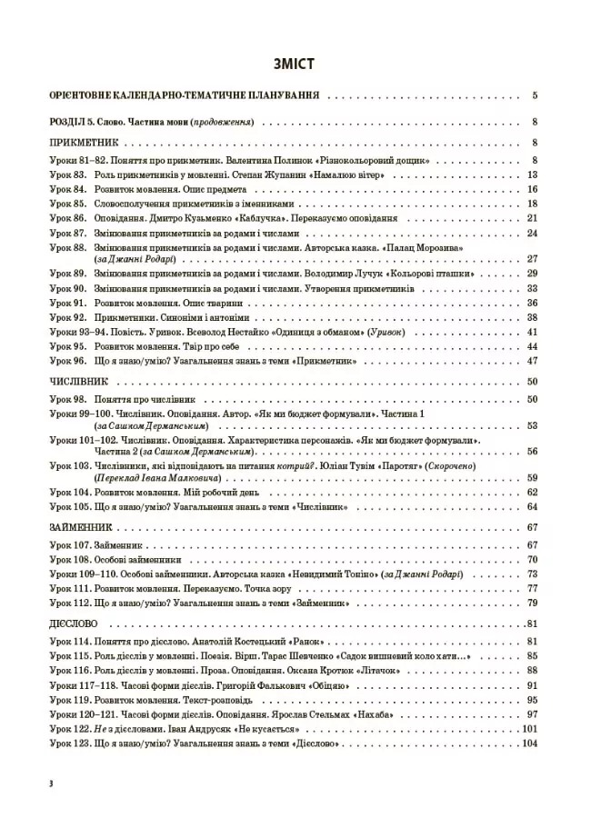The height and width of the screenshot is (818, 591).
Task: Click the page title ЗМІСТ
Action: click(x=295, y=65)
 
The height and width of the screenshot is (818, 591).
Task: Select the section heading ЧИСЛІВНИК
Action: click(x=75, y=382)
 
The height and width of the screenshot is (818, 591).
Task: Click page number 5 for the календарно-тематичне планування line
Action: click(x=536, y=95)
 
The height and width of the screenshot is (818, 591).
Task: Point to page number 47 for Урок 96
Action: click(x=534, y=361)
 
